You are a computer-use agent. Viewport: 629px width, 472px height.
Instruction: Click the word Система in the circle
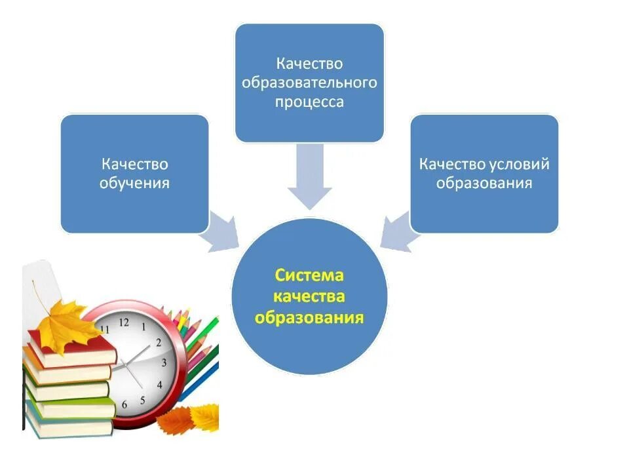309,275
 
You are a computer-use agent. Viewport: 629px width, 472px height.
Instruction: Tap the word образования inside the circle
309,318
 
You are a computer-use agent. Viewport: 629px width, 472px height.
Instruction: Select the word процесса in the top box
309,103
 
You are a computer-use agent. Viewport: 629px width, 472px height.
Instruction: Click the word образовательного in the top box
309,83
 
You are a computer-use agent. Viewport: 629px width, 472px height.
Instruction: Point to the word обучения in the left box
134,183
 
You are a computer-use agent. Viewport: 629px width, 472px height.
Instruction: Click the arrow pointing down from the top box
309,177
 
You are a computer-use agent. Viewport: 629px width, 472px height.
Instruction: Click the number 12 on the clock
124,322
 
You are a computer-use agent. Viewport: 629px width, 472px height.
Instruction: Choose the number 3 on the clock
164,363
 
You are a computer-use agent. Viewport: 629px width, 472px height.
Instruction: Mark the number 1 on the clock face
143,326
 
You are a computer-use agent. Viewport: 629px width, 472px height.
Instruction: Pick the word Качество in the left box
134,164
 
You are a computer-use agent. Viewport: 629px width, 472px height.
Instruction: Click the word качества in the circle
309,296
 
